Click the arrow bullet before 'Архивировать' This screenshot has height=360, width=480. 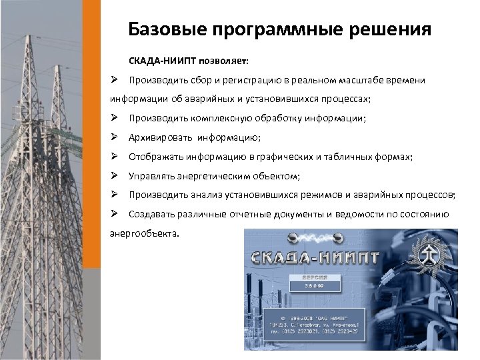coord(115,138)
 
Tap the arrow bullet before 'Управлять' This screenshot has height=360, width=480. coord(115,176)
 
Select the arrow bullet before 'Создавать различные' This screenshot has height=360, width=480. coord(115,214)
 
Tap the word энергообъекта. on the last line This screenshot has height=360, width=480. coord(144,233)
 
